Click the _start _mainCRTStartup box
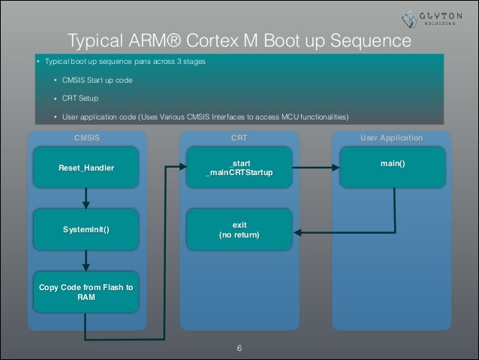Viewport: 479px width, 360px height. click(239, 168)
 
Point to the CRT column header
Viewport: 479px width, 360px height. click(239, 138)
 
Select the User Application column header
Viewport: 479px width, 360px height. click(391, 138)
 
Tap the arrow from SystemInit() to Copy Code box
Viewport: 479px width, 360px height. click(86, 260)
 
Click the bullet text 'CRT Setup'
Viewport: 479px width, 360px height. click(80, 98)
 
